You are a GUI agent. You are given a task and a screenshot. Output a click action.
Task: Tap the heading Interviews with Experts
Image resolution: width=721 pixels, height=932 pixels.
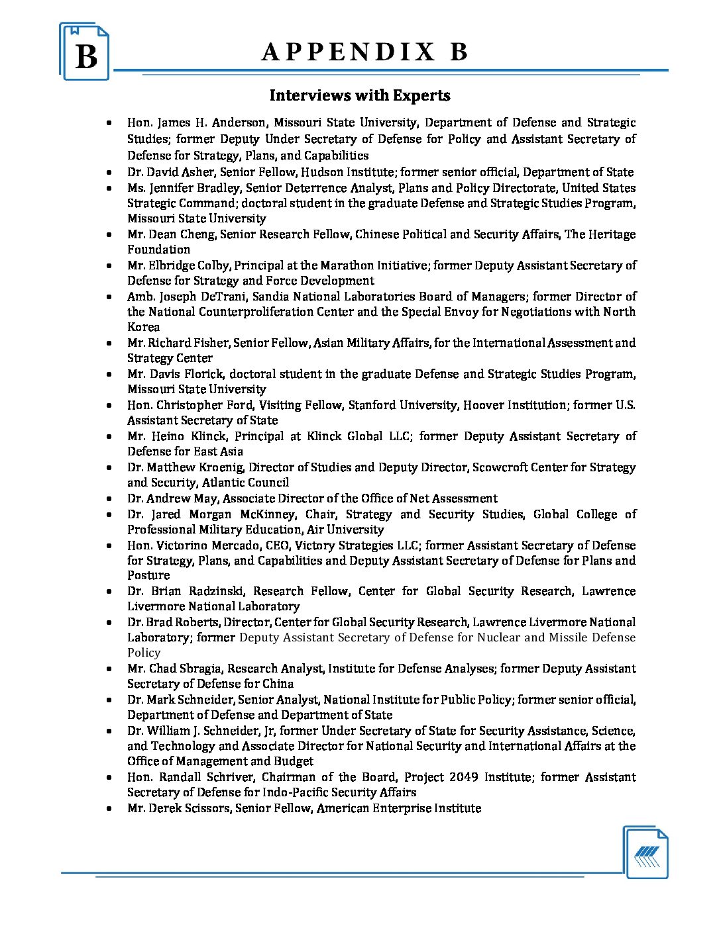(360, 95)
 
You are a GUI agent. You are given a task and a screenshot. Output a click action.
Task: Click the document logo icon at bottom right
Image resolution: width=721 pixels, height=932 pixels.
(646, 853)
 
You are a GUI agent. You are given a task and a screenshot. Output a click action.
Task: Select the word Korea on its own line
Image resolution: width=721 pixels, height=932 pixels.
(144, 327)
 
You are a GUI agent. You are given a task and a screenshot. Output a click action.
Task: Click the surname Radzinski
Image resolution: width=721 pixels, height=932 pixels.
(214, 591)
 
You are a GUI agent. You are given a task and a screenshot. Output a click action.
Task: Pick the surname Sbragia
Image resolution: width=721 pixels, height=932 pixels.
(201, 669)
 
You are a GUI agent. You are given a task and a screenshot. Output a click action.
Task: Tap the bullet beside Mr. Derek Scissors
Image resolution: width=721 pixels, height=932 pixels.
(109, 808)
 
